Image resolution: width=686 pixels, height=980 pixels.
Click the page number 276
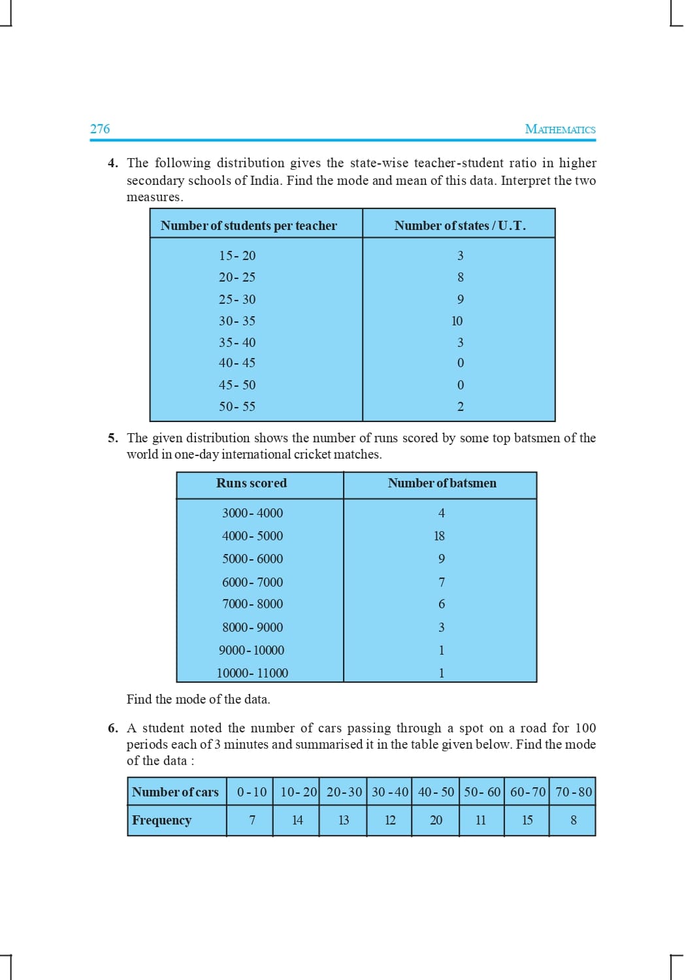[x=100, y=129]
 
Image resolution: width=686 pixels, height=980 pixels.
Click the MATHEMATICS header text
[x=560, y=129]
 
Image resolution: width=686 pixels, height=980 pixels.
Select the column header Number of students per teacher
[x=248, y=225]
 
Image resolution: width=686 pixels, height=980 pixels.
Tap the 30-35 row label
[x=237, y=321]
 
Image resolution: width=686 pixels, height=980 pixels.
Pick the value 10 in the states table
[x=457, y=321]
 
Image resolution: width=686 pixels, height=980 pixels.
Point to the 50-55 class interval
[x=237, y=406]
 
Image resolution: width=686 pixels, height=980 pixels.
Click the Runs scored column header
[x=252, y=483]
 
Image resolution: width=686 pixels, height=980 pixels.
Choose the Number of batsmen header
[x=442, y=483]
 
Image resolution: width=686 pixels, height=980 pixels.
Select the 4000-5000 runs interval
[x=252, y=536]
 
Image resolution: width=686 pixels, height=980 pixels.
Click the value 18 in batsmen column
[x=439, y=536]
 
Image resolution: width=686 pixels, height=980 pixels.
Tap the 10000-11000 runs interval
[x=252, y=673]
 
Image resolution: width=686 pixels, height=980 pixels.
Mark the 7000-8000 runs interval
[x=252, y=604]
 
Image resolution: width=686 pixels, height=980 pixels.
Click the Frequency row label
[x=161, y=820]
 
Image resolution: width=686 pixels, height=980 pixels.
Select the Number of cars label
[x=175, y=792]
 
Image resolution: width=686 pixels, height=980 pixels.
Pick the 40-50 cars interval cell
[x=436, y=792]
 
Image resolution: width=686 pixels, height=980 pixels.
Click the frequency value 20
[x=436, y=820]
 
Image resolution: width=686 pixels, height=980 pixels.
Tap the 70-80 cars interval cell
[x=574, y=792]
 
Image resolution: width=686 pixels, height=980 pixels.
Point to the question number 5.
[x=112, y=438]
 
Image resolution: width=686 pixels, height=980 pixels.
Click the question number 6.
[x=112, y=728]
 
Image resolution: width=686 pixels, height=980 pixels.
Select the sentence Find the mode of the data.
[x=198, y=699]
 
